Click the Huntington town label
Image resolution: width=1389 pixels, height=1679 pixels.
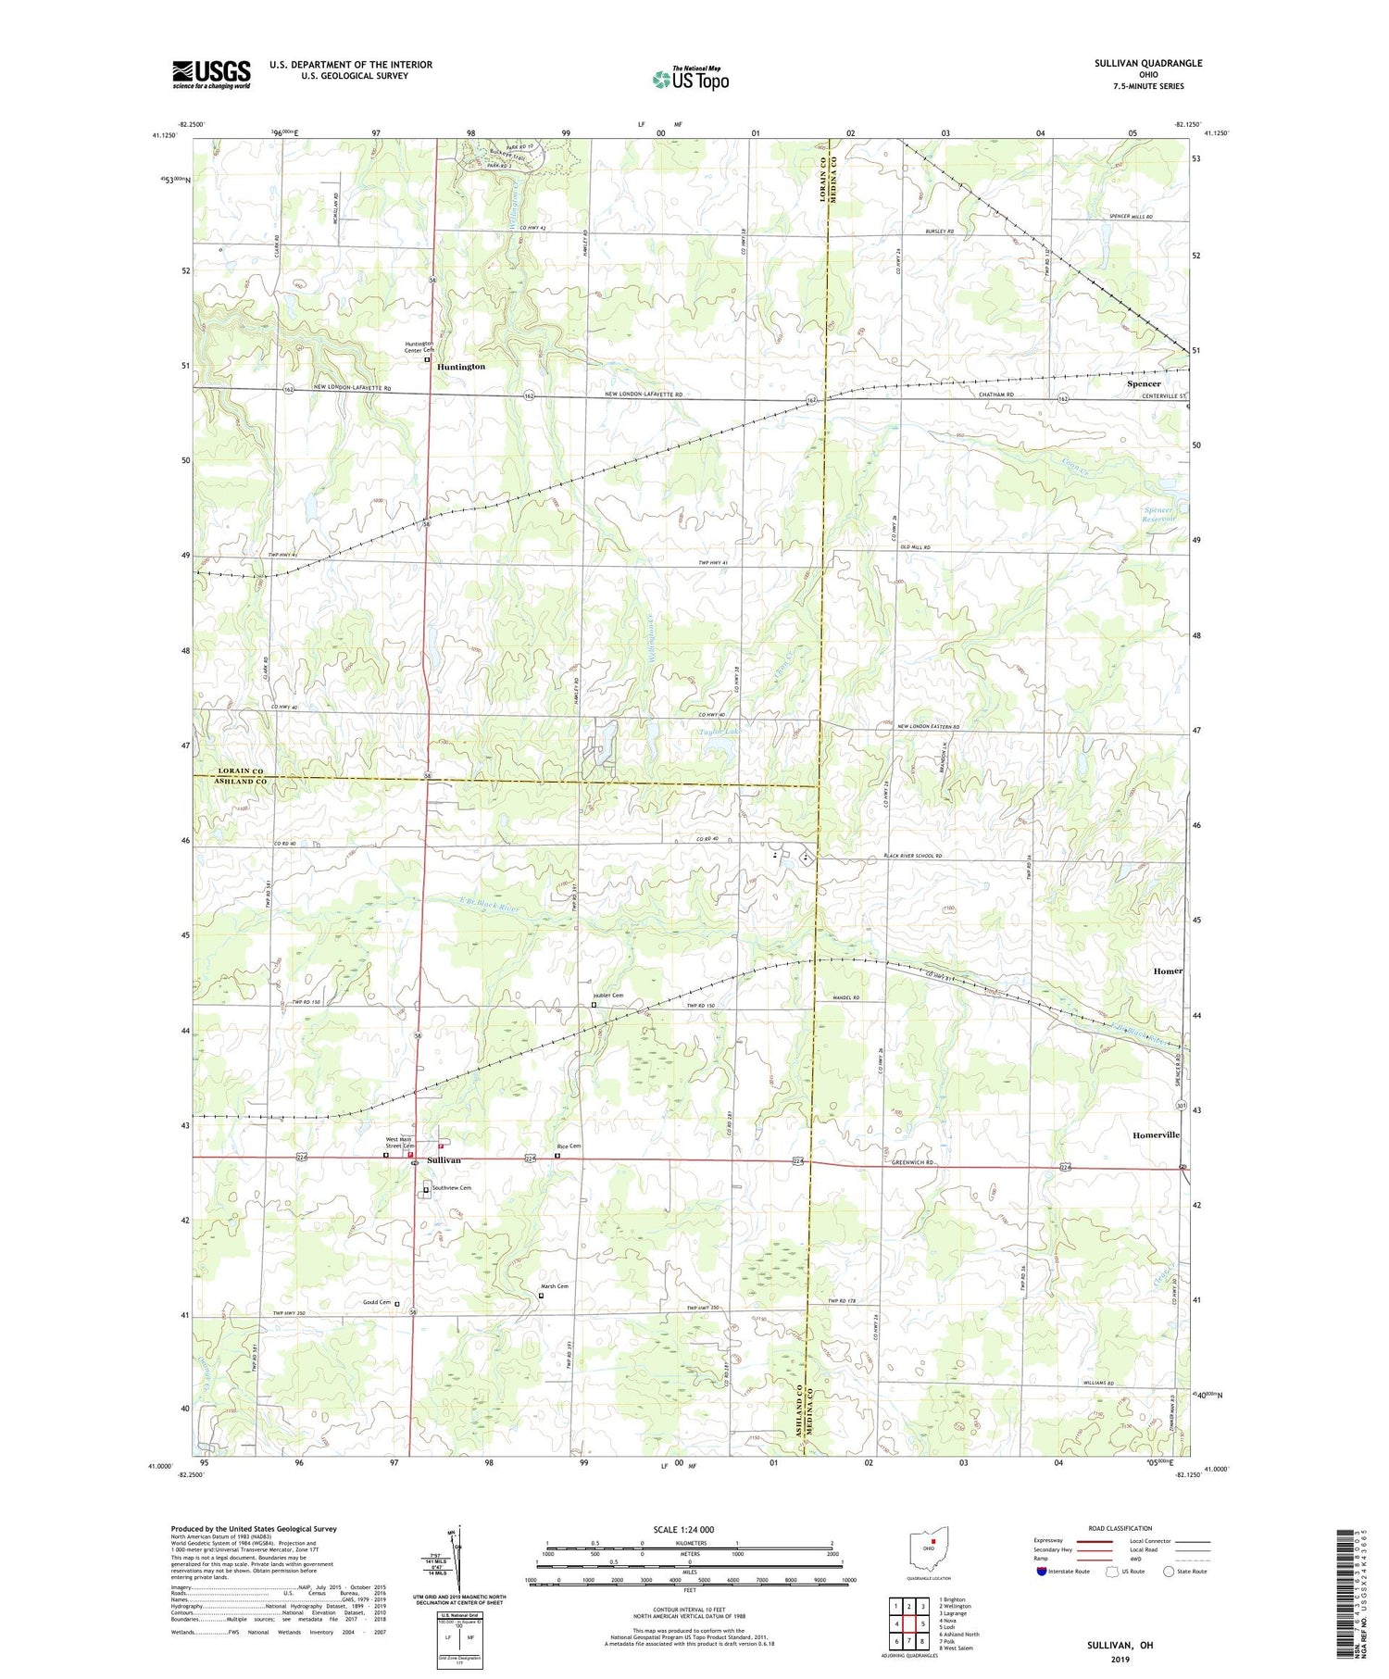461,367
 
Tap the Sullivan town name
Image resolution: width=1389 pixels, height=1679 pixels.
444,1160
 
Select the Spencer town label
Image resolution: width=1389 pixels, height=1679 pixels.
1144,383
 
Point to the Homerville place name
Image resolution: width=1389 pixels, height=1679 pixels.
1157,1134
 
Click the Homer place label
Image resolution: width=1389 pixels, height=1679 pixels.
1167,971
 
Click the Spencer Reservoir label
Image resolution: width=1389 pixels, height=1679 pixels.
1160,515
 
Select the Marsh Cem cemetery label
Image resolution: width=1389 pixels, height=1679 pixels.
554,1286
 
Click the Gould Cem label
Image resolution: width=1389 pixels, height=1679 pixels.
377,1302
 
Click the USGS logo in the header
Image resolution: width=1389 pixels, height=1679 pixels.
210,74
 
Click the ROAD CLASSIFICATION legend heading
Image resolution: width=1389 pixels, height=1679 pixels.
1120,1528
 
